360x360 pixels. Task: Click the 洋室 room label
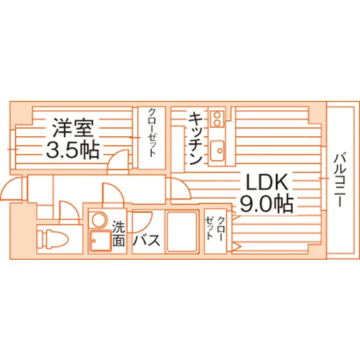pyautogui.click(x=73, y=128)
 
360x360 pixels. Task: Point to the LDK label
pyautogui.click(x=267, y=182)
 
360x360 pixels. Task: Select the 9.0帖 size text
pyautogui.click(x=267, y=204)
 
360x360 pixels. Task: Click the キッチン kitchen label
pyautogui.click(x=195, y=138)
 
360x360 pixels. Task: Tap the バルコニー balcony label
pyautogui.click(x=340, y=180)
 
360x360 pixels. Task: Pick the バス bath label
pyautogui.click(x=147, y=240)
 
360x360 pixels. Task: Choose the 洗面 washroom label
pyautogui.click(x=118, y=233)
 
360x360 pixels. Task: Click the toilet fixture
pyautogui.click(x=53, y=239)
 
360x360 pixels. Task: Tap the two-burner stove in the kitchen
pyautogui.click(x=217, y=118)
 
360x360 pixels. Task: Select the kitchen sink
pyautogui.click(x=217, y=151)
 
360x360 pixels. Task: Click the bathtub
pyautogui.click(x=182, y=231)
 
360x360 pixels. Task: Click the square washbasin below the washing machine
pyautogui.click(x=100, y=241)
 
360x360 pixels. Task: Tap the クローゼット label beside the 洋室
pyautogui.click(x=152, y=133)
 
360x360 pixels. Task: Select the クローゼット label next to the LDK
pyautogui.click(x=215, y=228)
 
